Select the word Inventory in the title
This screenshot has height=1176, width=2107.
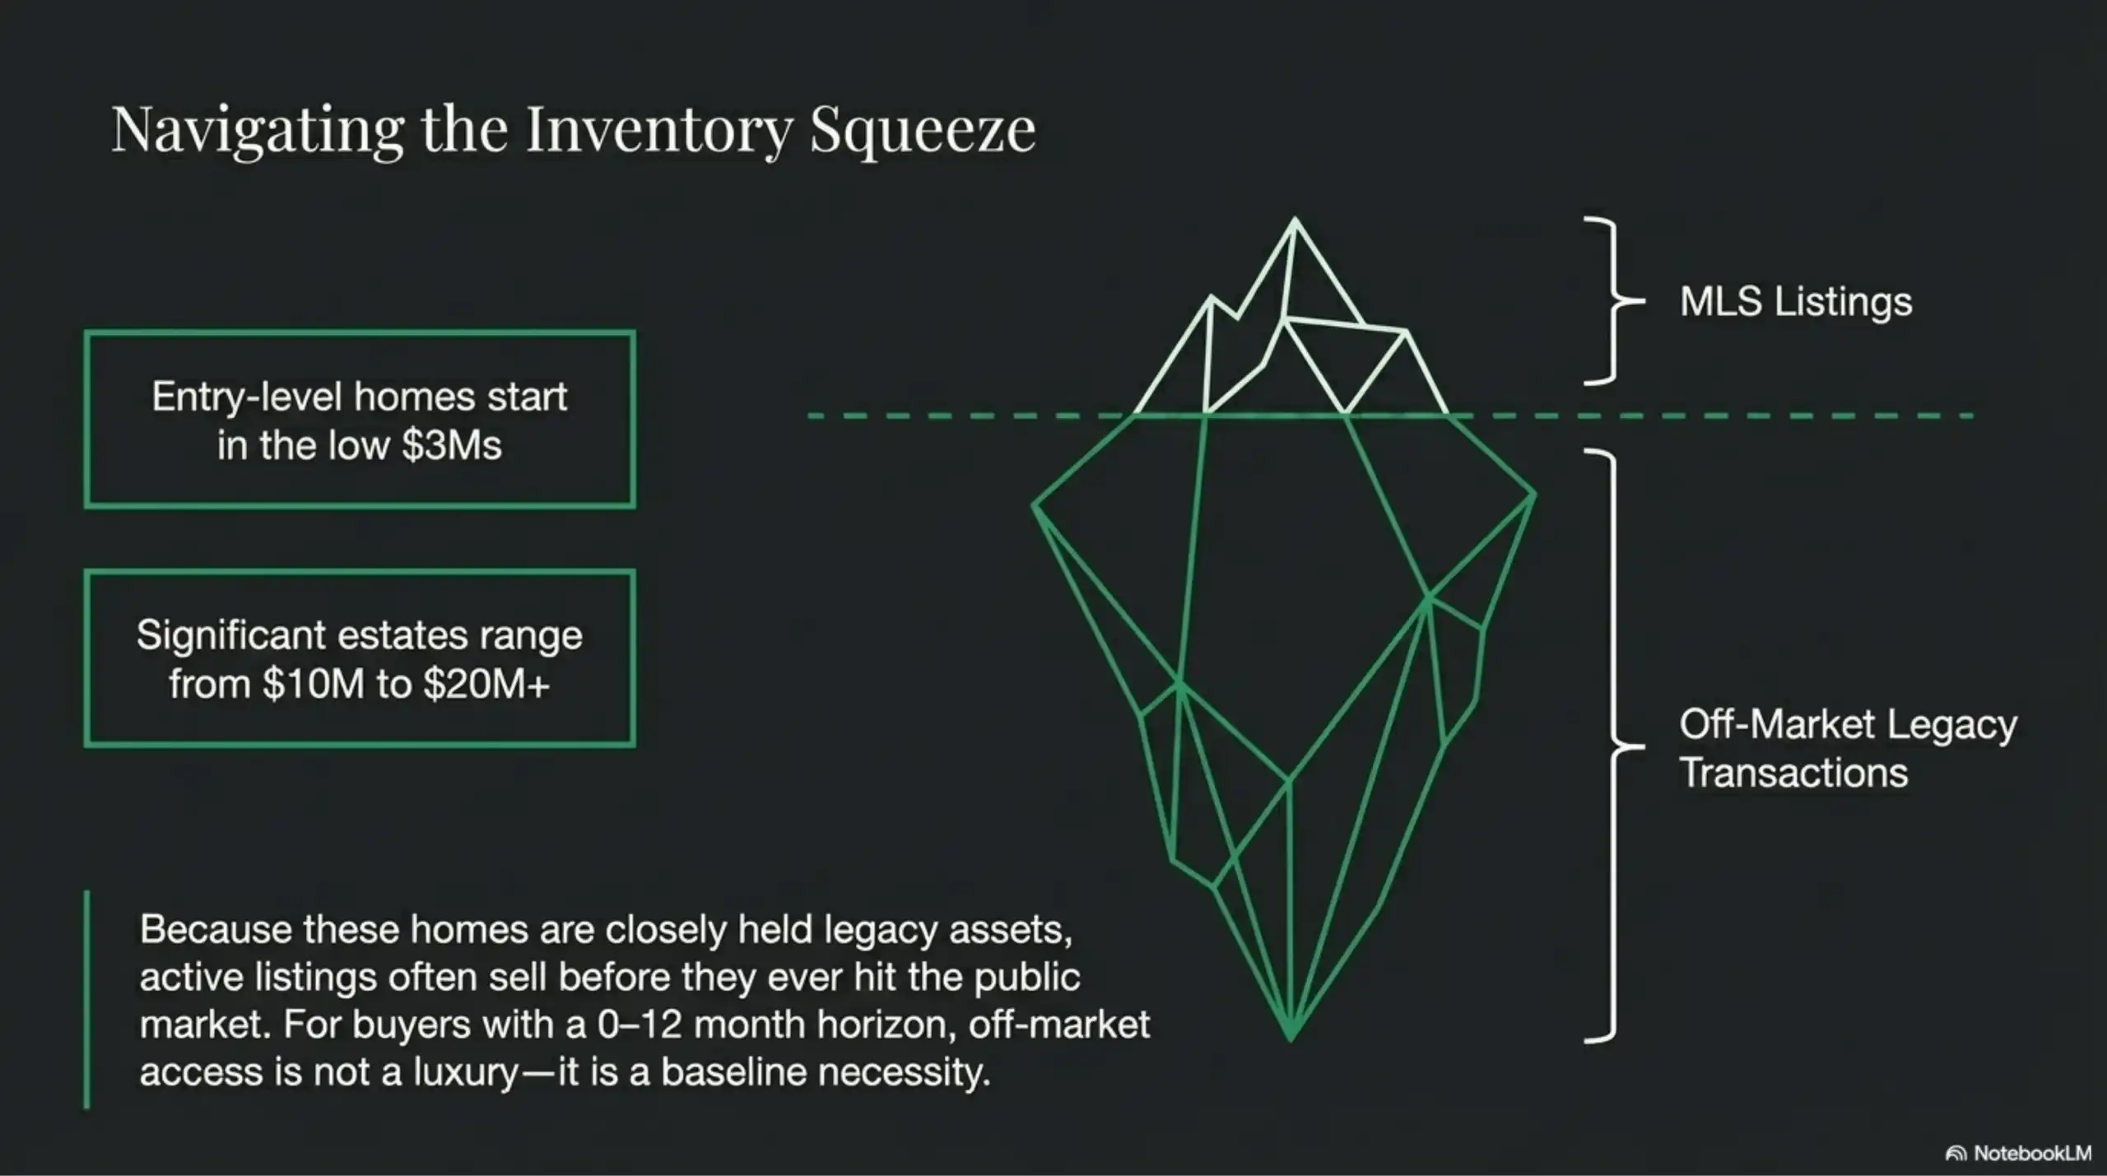tap(659, 130)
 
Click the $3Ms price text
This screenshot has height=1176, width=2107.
tap(452, 445)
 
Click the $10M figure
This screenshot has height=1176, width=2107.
tap(313, 684)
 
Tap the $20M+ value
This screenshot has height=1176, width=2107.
tap(486, 684)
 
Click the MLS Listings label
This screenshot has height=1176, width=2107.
tap(1795, 301)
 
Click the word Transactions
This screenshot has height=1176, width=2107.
tap(1793, 773)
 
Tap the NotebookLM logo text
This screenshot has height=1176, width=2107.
tap(2032, 1153)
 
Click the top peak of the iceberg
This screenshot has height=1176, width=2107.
tap(1295, 221)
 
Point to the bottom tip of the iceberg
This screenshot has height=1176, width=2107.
tap(1291, 1038)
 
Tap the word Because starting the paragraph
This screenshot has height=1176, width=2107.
tap(216, 929)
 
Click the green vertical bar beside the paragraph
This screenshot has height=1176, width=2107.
tap(87, 999)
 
